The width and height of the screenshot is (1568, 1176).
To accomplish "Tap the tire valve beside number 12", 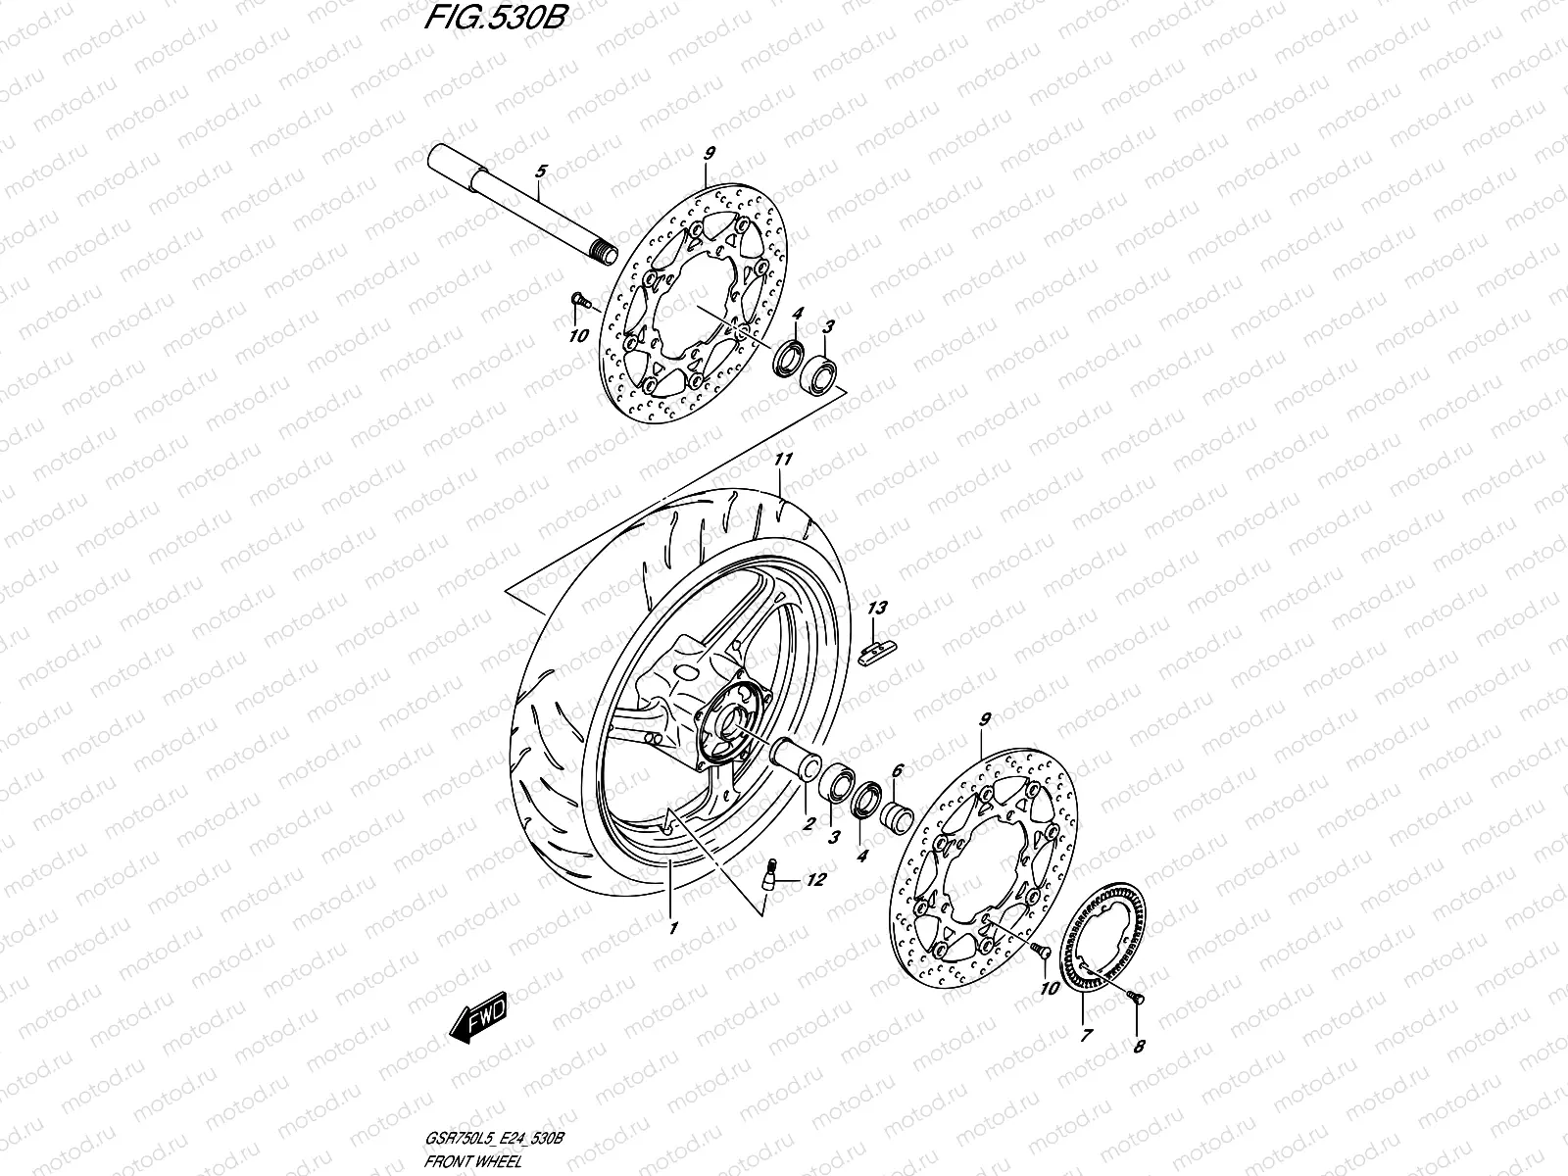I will point(773,871).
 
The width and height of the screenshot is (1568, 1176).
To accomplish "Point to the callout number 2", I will point(808,824).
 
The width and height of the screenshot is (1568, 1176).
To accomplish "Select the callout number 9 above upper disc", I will point(708,152).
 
